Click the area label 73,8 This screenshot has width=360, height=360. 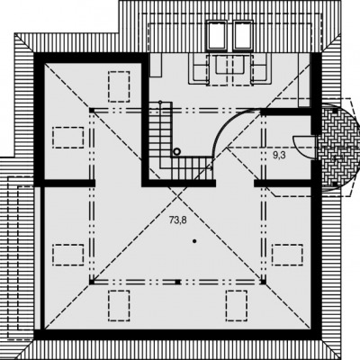pyautogui.click(x=178, y=220)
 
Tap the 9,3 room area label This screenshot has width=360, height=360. pyautogui.click(x=279, y=155)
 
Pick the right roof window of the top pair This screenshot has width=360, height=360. pyautogui.click(x=244, y=34)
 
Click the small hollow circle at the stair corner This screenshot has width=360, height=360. pyautogui.click(x=176, y=152)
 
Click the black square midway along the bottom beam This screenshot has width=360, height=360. pyautogui.click(x=177, y=282)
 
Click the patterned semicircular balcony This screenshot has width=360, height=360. pyautogui.click(x=338, y=148)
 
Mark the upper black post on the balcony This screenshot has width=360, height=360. pyautogui.click(x=335, y=112)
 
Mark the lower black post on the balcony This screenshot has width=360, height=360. pyautogui.click(x=335, y=184)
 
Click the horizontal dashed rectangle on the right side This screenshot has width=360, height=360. pyautogui.click(x=287, y=255)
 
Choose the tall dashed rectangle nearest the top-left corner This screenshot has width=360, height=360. pyautogui.click(x=119, y=86)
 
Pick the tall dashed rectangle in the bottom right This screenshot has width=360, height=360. pyautogui.click(x=237, y=305)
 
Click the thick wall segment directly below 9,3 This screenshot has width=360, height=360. pyautogui.click(x=283, y=184)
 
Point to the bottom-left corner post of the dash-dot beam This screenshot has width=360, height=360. pyautogui.click(x=92, y=282)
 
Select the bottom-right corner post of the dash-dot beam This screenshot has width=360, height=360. pyautogui.click(x=263, y=282)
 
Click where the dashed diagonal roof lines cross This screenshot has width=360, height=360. pyautogui.click(x=177, y=196)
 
